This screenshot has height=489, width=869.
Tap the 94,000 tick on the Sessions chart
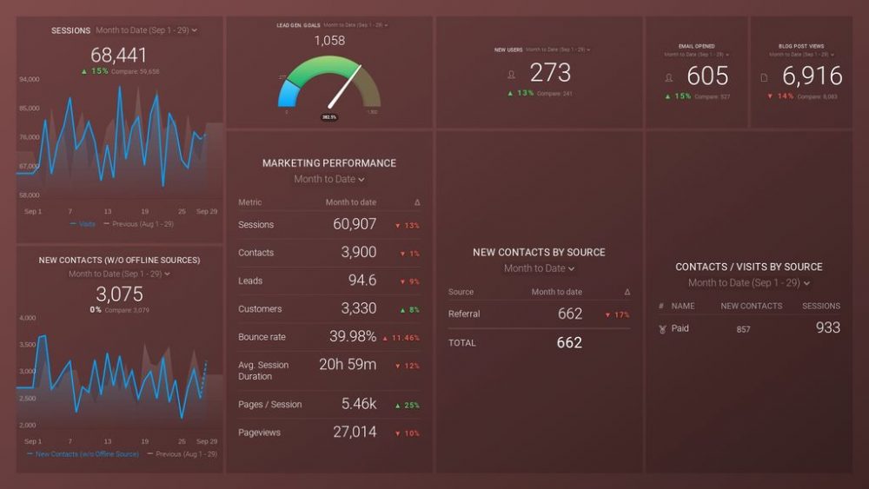[x=29, y=80]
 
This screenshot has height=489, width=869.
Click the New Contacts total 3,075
[x=119, y=294]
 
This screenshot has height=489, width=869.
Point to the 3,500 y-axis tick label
[x=27, y=345]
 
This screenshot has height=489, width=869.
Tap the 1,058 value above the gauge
[x=329, y=41]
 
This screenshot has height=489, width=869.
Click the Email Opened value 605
[x=707, y=76]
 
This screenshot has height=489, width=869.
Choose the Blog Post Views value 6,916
[x=812, y=76]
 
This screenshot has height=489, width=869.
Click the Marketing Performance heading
[x=329, y=163]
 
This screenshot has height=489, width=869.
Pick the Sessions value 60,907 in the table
[x=354, y=225]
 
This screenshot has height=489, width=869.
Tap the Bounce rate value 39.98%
[x=353, y=337]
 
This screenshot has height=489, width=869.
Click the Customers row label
[x=260, y=309]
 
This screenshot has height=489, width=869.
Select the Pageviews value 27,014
[x=354, y=432]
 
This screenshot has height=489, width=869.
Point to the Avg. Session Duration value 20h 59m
[x=348, y=365]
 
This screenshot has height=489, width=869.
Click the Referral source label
[x=464, y=314]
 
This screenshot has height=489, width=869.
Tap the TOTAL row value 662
[x=569, y=343]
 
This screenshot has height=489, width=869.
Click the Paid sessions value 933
[x=827, y=327]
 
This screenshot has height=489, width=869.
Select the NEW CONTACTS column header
[x=751, y=306]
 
